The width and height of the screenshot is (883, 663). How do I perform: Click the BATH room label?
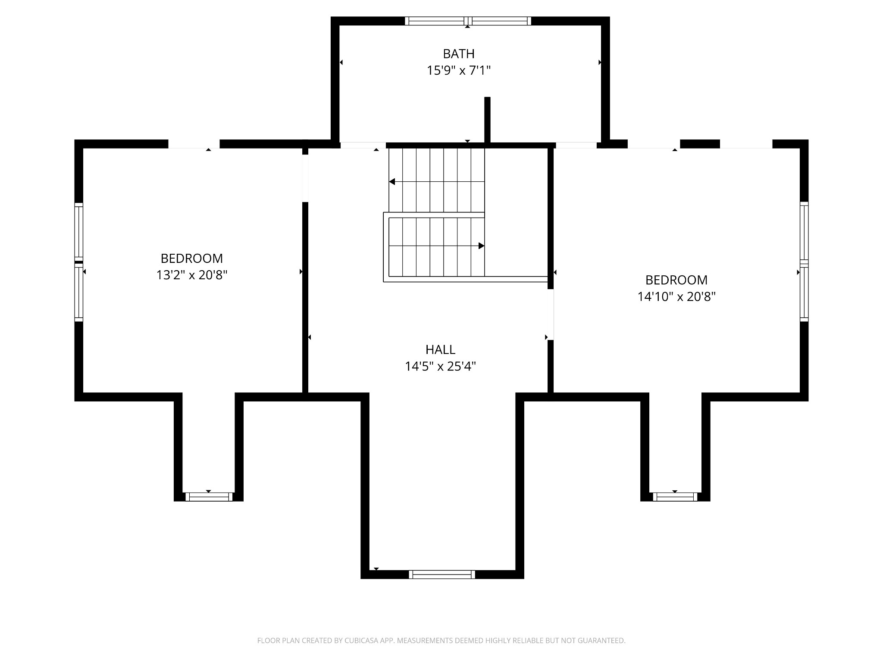[459, 54]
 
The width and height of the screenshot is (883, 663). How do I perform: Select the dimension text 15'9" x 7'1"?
[459, 70]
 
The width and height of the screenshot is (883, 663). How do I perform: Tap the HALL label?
[440, 350]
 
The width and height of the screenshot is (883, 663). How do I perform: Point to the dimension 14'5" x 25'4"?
[440, 366]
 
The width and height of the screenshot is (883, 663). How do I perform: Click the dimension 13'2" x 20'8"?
[192, 275]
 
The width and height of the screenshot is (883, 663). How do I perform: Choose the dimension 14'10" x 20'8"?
[676, 297]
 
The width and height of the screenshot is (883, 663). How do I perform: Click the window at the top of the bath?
[468, 21]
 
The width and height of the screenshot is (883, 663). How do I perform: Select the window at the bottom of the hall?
[442, 575]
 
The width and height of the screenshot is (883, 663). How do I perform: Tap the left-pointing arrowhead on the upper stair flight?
[392, 182]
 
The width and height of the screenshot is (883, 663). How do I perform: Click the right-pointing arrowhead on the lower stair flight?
[482, 246]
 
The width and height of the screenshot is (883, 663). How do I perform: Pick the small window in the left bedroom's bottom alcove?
[209, 497]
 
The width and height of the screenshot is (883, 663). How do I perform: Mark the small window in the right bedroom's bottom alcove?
[675, 497]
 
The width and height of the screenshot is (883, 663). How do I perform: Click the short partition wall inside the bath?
[488, 120]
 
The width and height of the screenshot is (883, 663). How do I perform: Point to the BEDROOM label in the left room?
[192, 259]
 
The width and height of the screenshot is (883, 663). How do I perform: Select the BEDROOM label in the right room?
[676, 280]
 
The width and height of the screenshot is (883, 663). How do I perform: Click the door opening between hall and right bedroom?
[551, 315]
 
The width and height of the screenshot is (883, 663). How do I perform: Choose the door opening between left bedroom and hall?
[305, 178]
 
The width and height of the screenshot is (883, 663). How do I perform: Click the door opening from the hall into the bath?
[363, 145]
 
